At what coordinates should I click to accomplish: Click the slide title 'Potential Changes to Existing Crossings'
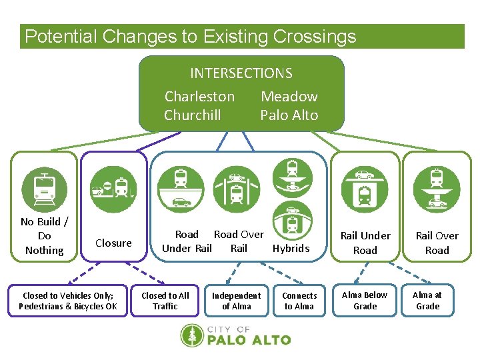191,37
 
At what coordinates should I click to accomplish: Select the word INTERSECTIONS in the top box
241,73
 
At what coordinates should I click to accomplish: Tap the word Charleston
199,97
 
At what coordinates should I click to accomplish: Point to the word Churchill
193,115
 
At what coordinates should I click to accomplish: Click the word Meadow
289,97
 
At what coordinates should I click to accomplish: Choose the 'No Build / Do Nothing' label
44,236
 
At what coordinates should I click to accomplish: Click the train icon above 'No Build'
45,189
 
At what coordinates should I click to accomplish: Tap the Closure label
113,243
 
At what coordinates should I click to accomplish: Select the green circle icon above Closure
113,189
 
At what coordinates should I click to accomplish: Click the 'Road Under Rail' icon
181,189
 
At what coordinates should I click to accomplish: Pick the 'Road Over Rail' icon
236,189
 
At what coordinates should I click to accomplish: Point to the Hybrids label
291,248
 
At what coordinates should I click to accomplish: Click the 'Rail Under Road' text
365,243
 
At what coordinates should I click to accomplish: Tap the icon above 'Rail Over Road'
437,189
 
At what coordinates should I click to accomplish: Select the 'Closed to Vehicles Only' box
68,301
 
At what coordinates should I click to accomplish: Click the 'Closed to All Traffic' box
165,301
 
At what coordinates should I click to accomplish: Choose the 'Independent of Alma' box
236,301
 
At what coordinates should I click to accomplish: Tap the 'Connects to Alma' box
299,301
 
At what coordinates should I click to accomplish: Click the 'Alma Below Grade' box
365,301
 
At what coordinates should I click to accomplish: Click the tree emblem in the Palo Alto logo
192,335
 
